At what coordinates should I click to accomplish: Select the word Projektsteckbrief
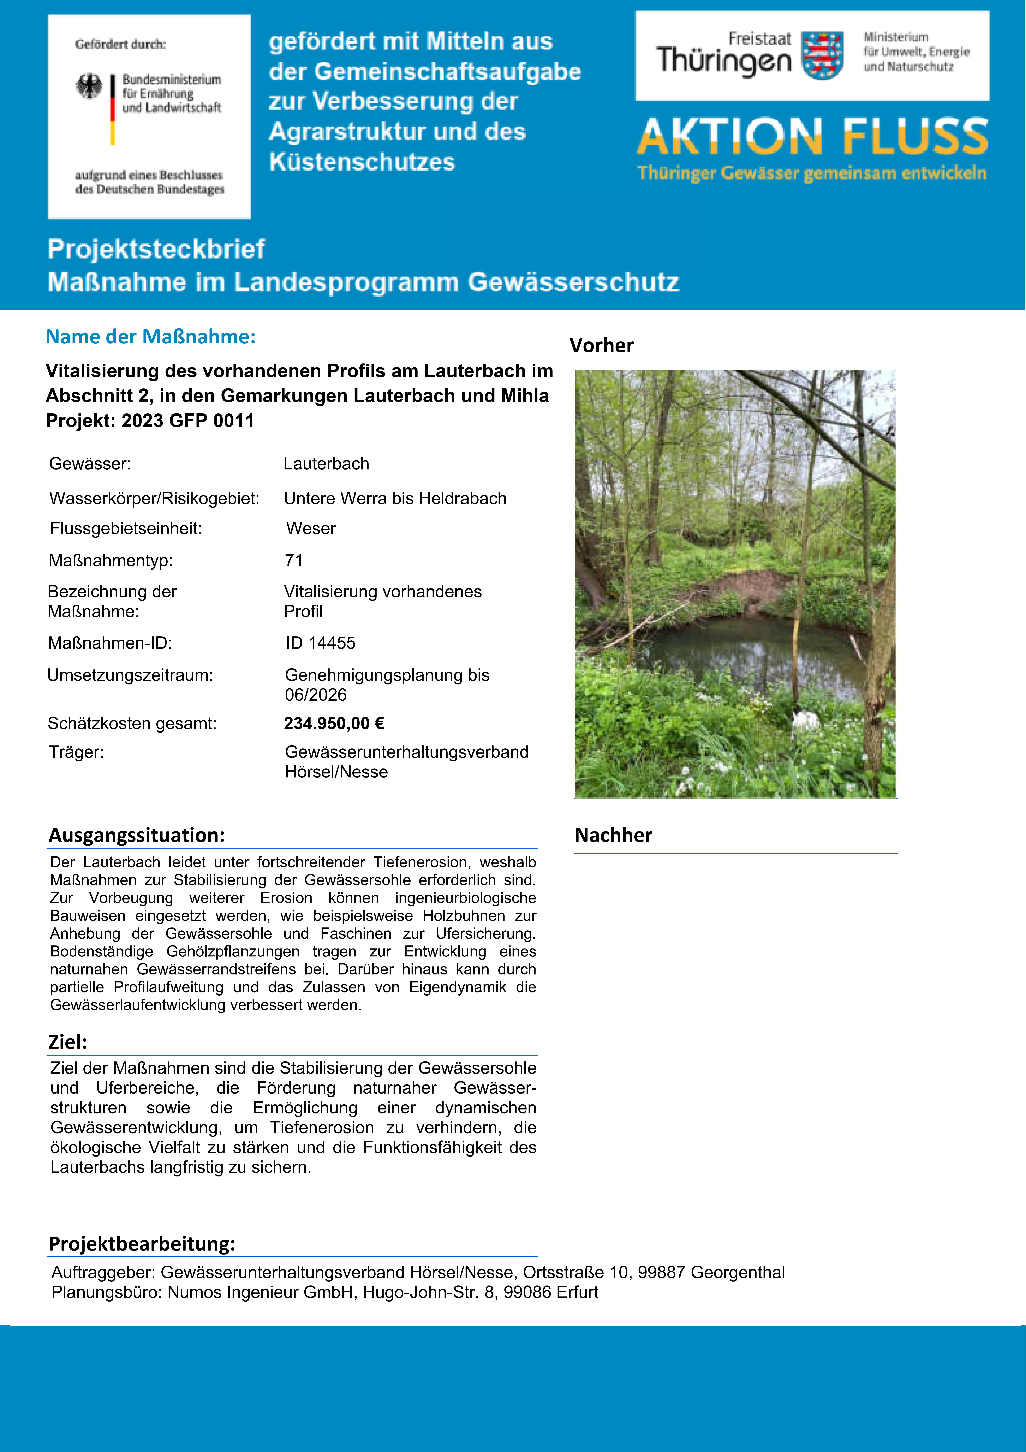click(x=156, y=249)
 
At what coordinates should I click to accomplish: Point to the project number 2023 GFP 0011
click(x=188, y=421)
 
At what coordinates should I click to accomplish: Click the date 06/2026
click(x=316, y=695)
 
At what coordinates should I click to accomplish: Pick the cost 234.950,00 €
click(x=334, y=723)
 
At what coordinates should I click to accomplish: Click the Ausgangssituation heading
click(x=137, y=835)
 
